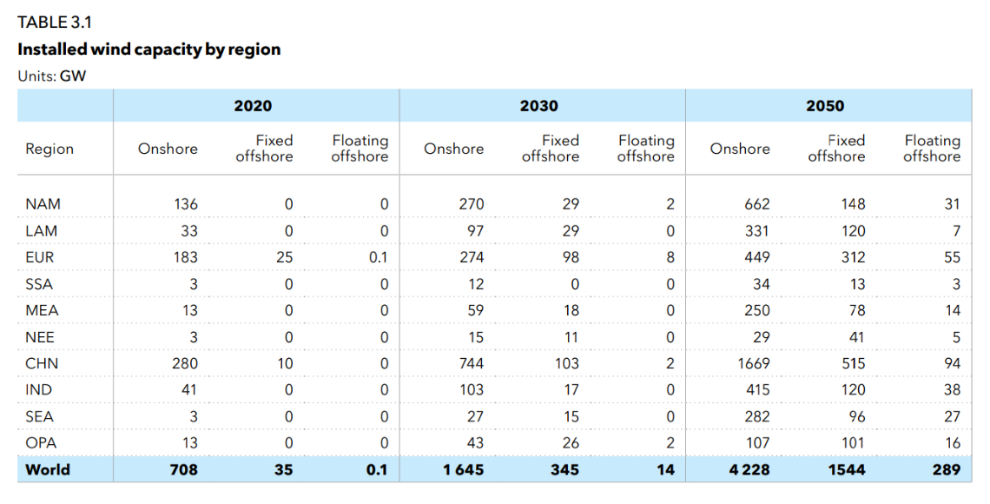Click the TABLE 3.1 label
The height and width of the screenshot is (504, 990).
[x=54, y=23]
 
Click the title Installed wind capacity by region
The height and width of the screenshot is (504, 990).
[x=148, y=50]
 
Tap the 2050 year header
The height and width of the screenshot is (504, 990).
[x=824, y=106]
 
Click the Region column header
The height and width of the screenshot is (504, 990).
[x=49, y=149]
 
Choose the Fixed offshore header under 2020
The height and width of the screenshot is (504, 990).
[x=264, y=149]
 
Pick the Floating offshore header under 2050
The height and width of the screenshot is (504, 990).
[x=931, y=149]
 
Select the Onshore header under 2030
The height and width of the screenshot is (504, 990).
[x=453, y=149]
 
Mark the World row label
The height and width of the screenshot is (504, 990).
[x=48, y=470]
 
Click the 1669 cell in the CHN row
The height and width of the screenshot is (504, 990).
[x=754, y=363]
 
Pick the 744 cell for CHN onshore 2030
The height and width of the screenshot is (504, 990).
[x=471, y=363]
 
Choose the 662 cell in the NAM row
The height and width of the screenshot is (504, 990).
[x=757, y=204]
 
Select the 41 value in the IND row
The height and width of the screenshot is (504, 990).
[x=188, y=390]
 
